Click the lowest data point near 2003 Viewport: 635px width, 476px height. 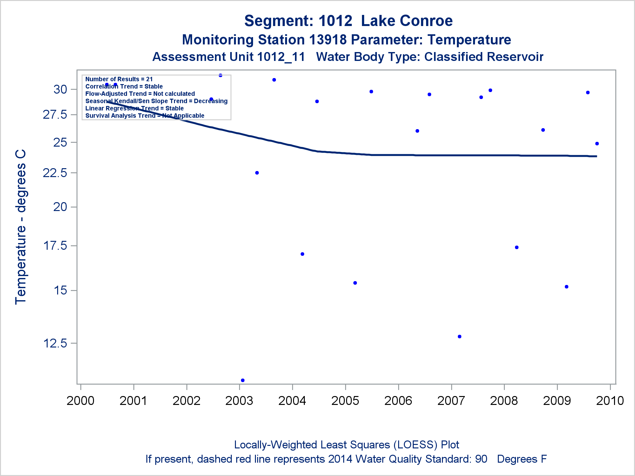pyautogui.click(x=243, y=380)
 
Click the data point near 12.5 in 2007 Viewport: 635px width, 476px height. pyautogui.click(x=459, y=336)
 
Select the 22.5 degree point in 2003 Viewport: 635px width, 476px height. pyautogui.click(x=257, y=173)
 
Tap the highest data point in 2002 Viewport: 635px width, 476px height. pyautogui.click(x=220, y=75)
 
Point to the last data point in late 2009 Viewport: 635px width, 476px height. pyautogui.click(x=597, y=143)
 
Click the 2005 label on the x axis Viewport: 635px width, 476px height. pyautogui.click(x=345, y=400)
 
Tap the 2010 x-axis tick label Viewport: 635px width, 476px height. pyautogui.click(x=610, y=400)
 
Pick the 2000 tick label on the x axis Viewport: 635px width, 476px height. pyautogui.click(x=80, y=400)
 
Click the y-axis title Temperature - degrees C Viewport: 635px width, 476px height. pyautogui.click(x=21, y=227)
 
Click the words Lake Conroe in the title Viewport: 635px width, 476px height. pyautogui.click(x=407, y=21)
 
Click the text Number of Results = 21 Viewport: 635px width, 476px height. pyautogui.click(x=119, y=79)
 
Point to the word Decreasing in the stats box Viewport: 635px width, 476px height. pyautogui.click(x=211, y=101)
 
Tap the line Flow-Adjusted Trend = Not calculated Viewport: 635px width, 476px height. pyautogui.click(x=140, y=94)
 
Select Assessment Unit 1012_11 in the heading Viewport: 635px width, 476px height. pyautogui.click(x=229, y=57)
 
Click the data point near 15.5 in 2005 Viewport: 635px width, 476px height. pyautogui.click(x=355, y=283)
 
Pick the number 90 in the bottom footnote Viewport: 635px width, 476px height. pyautogui.click(x=481, y=459)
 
